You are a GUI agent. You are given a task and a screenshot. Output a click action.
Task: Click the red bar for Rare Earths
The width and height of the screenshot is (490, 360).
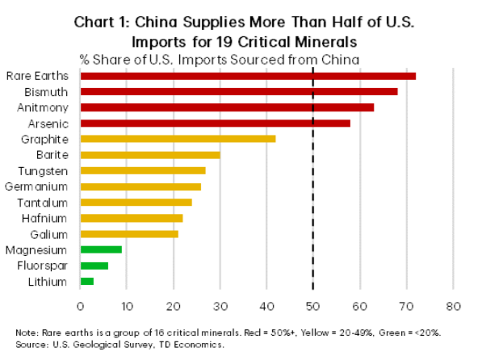(248, 76)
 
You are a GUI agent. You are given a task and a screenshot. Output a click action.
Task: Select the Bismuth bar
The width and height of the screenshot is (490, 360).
(239, 91)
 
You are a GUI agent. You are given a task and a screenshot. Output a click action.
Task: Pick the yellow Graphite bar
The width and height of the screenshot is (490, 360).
(178, 139)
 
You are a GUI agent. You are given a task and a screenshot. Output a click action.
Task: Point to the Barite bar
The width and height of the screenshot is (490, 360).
(150, 155)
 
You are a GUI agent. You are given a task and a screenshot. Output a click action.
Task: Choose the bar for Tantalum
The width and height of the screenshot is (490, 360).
(136, 202)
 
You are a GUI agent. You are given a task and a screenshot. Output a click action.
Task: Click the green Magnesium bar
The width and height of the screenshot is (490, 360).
(101, 249)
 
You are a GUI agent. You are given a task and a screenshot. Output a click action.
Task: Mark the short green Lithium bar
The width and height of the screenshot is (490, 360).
(87, 281)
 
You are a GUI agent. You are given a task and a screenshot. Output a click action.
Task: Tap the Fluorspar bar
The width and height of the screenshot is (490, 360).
(94, 266)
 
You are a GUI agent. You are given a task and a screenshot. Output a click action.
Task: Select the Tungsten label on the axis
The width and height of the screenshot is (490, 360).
(45, 170)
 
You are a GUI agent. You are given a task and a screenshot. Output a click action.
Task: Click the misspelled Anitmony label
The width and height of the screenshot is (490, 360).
(43, 107)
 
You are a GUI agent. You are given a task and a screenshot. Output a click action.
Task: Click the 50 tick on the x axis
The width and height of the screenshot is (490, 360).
(313, 306)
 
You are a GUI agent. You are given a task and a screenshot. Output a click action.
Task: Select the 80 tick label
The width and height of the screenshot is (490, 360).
(454, 306)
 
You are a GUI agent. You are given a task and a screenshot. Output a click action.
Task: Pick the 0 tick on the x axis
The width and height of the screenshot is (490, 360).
(81, 306)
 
